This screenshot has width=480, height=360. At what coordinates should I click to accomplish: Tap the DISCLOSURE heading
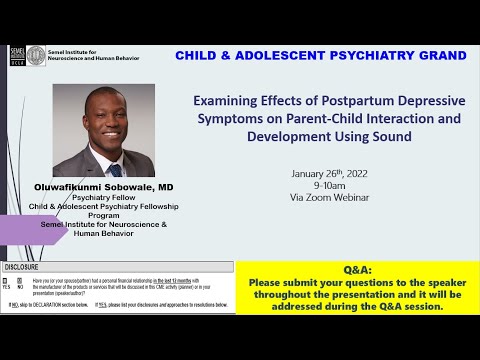22,268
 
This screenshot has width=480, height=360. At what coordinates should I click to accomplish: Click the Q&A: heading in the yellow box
357,270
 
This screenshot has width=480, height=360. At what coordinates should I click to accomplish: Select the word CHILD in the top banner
200,54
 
